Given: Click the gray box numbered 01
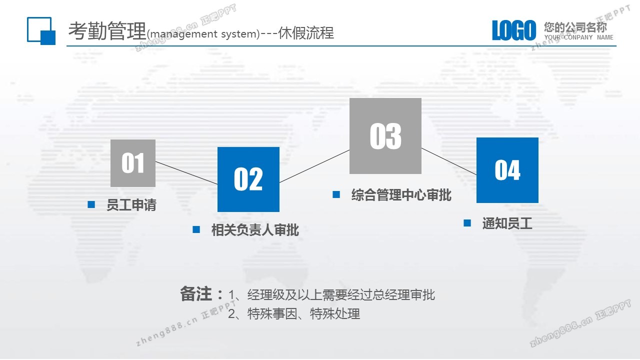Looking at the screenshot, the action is (133, 163).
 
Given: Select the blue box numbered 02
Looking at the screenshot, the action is (248, 179).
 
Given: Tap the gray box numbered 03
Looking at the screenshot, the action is (385, 136).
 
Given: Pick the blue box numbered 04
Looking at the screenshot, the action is (507, 170).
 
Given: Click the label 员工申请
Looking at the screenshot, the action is (131, 205).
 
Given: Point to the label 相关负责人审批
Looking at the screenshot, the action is (255, 230).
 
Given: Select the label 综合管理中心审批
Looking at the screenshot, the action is (401, 195).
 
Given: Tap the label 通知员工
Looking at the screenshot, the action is (507, 223).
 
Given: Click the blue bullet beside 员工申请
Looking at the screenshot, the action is (91, 204).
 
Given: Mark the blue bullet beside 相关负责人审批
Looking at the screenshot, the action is (196, 229).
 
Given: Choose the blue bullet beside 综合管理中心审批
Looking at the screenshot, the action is (336, 194).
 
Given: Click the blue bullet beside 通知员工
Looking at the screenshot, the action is (467, 223).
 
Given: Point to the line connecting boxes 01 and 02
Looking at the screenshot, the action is (186, 173).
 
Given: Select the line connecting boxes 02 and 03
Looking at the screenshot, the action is (314, 166).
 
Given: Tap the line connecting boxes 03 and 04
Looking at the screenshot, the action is (449, 161).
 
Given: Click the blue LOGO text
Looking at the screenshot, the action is (514, 30).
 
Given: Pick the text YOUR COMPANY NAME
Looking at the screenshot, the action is (579, 37).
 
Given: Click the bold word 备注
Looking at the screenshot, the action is (195, 293).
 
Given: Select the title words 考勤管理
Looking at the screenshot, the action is (107, 31).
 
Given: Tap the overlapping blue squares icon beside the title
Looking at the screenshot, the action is (41, 31).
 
